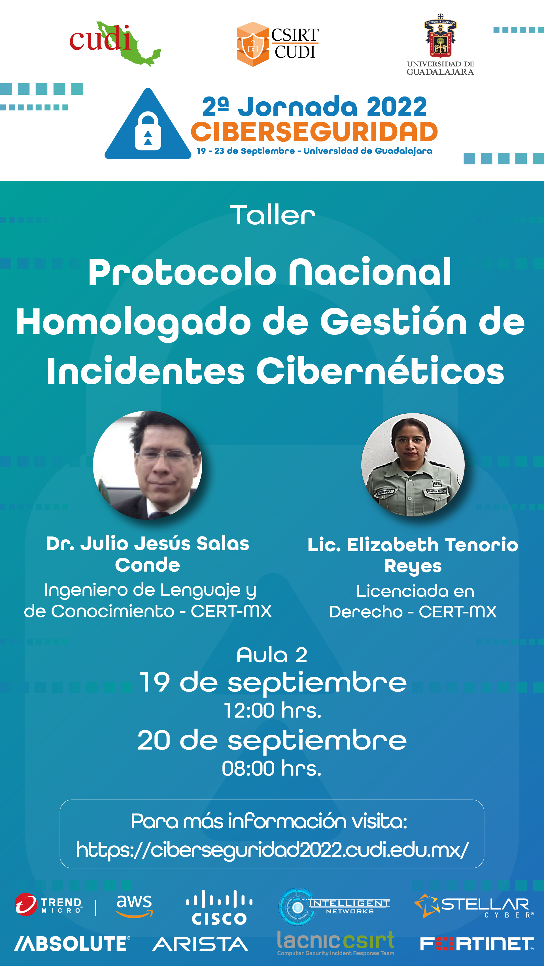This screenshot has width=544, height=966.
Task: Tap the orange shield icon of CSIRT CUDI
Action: pyautogui.click(x=253, y=44)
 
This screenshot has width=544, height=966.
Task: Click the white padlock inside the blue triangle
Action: pyautogui.click(x=148, y=131)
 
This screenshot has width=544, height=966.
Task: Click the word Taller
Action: pyautogui.click(x=273, y=215)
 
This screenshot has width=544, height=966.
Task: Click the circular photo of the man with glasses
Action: pyautogui.click(x=148, y=465)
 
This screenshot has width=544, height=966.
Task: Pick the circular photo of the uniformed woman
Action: pyautogui.click(x=413, y=465)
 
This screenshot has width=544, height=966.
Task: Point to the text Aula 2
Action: pyautogui.click(x=272, y=655)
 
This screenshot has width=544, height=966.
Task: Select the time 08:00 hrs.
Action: pyautogui.click(x=271, y=768)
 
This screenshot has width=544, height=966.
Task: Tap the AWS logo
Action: pyautogui.click(x=134, y=906)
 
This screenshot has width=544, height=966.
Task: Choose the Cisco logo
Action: pyautogui.click(x=219, y=907)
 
